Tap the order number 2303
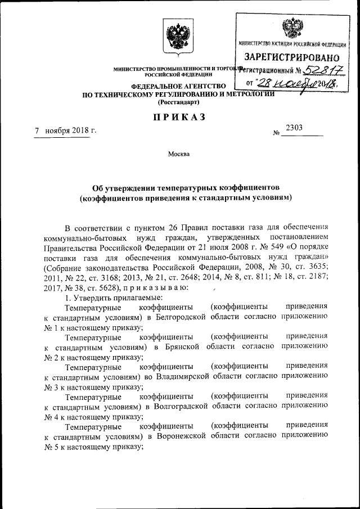tap(294, 128)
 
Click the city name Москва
tap(179, 154)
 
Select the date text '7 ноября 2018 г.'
tap(65, 130)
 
